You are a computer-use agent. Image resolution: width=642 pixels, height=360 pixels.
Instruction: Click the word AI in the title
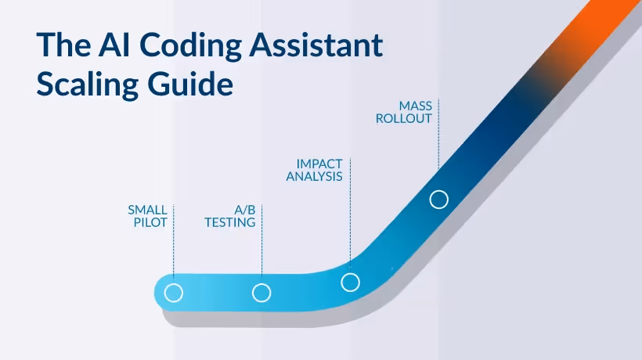105,46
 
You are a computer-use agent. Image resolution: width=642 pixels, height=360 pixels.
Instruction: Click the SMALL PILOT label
147,216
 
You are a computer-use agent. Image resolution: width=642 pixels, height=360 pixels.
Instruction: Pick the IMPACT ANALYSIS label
319,170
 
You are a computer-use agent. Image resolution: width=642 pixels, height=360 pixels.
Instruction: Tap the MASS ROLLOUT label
416,111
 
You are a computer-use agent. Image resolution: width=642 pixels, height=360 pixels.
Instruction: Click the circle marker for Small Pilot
174,293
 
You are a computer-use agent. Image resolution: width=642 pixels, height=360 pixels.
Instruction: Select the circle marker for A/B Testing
261,293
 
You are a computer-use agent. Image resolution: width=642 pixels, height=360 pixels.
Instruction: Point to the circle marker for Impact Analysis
351,283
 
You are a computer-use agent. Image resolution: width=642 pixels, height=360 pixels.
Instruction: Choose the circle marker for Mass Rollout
439,200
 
